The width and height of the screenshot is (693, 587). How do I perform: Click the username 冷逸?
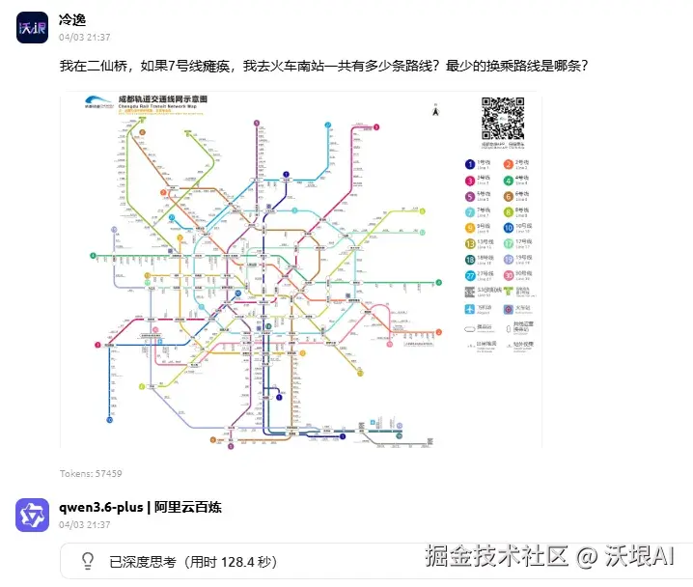coord(73,19)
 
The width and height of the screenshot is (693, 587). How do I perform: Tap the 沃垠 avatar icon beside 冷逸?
coord(33,27)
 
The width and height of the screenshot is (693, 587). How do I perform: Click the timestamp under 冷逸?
coord(85,39)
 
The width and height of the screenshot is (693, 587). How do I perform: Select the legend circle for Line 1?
coord(470,164)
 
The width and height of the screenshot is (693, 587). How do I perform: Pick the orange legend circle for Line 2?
coord(509,164)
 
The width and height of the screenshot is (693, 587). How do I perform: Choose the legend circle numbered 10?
coord(509,228)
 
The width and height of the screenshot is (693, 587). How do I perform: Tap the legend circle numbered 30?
coord(509,275)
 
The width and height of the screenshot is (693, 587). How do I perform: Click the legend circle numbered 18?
coord(470,260)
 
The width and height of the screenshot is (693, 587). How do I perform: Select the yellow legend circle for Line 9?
coord(470,228)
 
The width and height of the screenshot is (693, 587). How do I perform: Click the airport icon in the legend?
coord(470,308)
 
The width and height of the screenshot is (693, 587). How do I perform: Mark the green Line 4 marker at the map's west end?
coord(94,256)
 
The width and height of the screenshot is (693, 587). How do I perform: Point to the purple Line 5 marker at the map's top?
coord(258,123)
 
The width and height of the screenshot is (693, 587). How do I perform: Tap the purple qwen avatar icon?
coord(33,515)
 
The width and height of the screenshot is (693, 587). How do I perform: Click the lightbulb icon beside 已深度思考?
coord(87,560)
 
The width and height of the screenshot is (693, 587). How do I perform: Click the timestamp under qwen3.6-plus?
coord(85,525)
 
